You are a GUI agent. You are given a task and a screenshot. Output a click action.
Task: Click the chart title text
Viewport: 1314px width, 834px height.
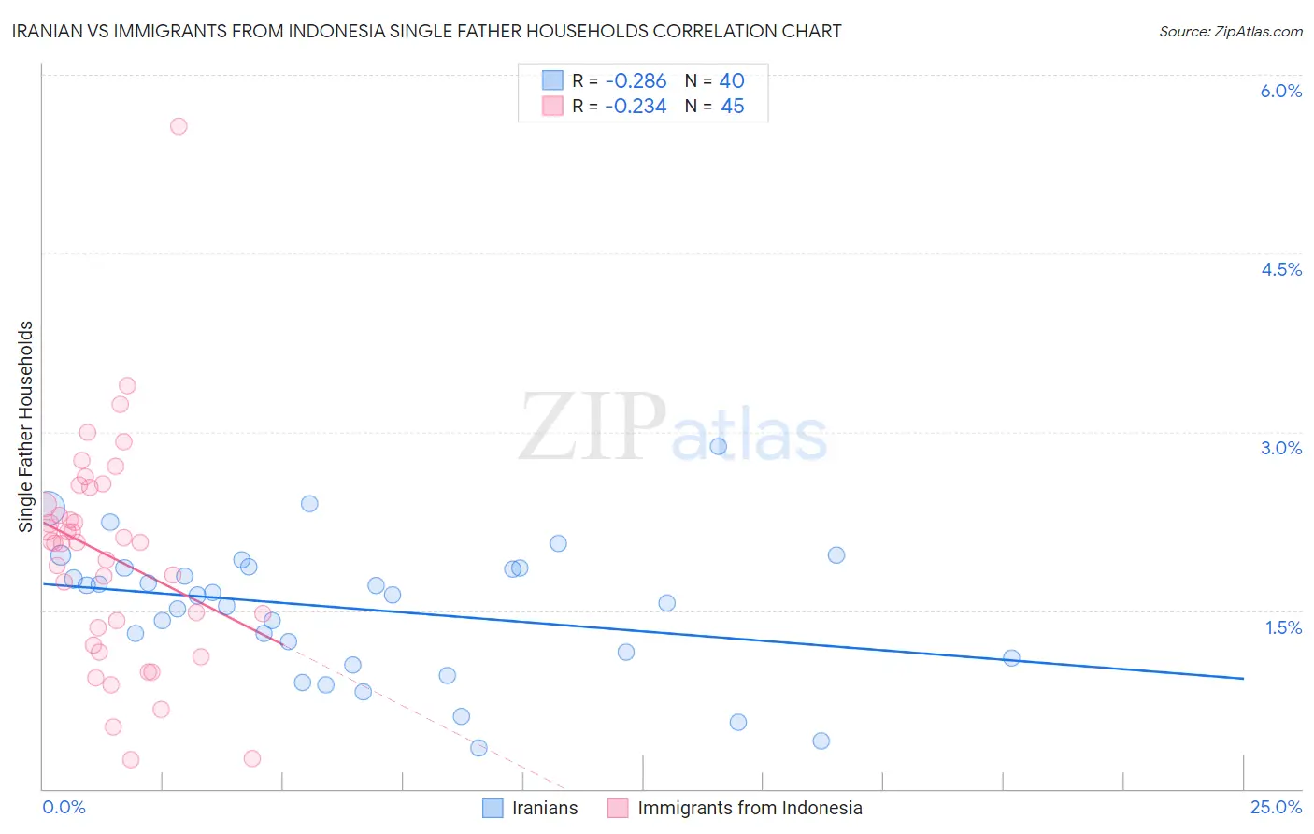click(x=426, y=31)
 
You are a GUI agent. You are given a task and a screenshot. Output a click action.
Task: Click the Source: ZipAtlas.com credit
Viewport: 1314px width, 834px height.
click(x=1230, y=31)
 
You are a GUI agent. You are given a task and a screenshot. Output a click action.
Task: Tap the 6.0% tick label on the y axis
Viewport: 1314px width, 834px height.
click(x=1280, y=91)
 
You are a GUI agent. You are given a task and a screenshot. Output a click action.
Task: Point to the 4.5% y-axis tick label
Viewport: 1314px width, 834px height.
click(x=1280, y=269)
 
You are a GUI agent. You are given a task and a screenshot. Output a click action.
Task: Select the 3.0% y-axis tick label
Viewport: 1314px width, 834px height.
click(x=1280, y=448)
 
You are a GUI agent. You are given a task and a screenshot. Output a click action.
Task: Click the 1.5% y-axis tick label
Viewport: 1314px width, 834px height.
click(x=1283, y=627)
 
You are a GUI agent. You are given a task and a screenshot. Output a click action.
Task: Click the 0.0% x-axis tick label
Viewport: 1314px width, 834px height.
click(x=64, y=807)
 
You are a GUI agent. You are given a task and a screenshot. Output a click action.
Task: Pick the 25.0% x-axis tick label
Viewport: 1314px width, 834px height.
click(x=1276, y=807)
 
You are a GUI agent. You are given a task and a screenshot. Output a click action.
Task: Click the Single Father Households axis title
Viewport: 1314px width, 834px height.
click(x=25, y=426)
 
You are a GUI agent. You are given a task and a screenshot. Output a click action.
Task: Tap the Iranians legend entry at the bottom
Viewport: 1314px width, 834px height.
click(x=530, y=808)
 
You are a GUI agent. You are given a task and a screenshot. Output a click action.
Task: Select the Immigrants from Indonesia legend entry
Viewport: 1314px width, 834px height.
click(x=735, y=808)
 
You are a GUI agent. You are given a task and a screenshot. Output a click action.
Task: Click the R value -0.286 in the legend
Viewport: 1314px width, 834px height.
click(x=636, y=81)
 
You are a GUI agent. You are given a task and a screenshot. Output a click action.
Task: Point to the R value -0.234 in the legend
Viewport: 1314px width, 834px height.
click(x=636, y=107)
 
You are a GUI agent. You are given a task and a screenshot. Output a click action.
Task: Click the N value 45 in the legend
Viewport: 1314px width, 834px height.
click(x=732, y=107)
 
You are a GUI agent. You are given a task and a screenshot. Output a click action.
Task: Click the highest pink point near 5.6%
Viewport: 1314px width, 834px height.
click(x=179, y=126)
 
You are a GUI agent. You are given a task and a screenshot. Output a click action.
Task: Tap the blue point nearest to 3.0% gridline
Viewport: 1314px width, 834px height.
click(x=718, y=446)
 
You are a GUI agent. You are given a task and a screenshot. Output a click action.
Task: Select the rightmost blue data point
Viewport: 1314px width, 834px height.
click(x=1011, y=657)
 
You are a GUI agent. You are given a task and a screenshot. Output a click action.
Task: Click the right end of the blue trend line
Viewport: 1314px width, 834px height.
click(x=1243, y=678)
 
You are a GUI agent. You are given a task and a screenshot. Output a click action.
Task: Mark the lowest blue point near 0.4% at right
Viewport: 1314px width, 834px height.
click(x=821, y=741)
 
